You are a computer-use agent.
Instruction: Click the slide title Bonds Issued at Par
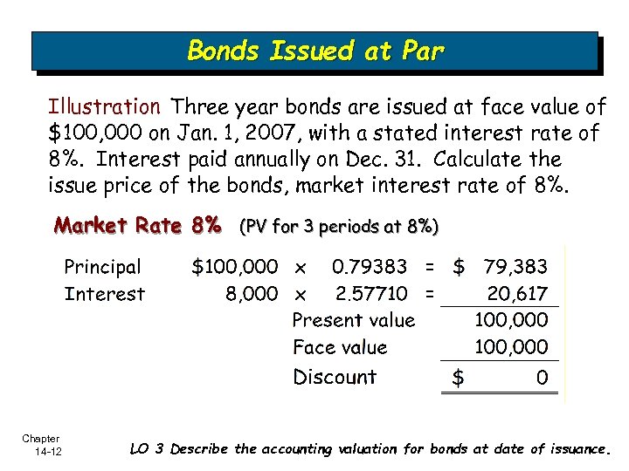pyautogui.click(x=315, y=51)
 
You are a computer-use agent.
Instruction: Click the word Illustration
pyautogui.click(x=104, y=107)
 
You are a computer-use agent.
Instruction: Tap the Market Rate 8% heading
pyautogui.click(x=138, y=226)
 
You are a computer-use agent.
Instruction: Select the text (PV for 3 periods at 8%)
pyautogui.click(x=338, y=227)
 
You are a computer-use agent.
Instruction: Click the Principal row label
pyautogui.click(x=102, y=266)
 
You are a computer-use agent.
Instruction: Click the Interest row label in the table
pyautogui.click(x=105, y=294)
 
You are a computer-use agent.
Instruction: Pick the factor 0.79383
pyautogui.click(x=369, y=266)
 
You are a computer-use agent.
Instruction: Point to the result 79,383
pyautogui.click(x=515, y=266)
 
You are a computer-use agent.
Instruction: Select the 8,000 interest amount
pyautogui.click(x=252, y=294)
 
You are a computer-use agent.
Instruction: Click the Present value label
pyautogui.click(x=354, y=320)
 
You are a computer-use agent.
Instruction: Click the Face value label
pyautogui.click(x=340, y=347)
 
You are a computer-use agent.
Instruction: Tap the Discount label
pyautogui.click(x=335, y=377)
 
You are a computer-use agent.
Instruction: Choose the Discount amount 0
pyautogui.click(x=542, y=378)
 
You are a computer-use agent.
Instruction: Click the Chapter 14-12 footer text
pyautogui.click(x=42, y=444)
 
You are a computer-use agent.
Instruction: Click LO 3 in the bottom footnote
pyautogui.click(x=147, y=450)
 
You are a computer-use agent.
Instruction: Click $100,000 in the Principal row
pyautogui.click(x=235, y=266)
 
